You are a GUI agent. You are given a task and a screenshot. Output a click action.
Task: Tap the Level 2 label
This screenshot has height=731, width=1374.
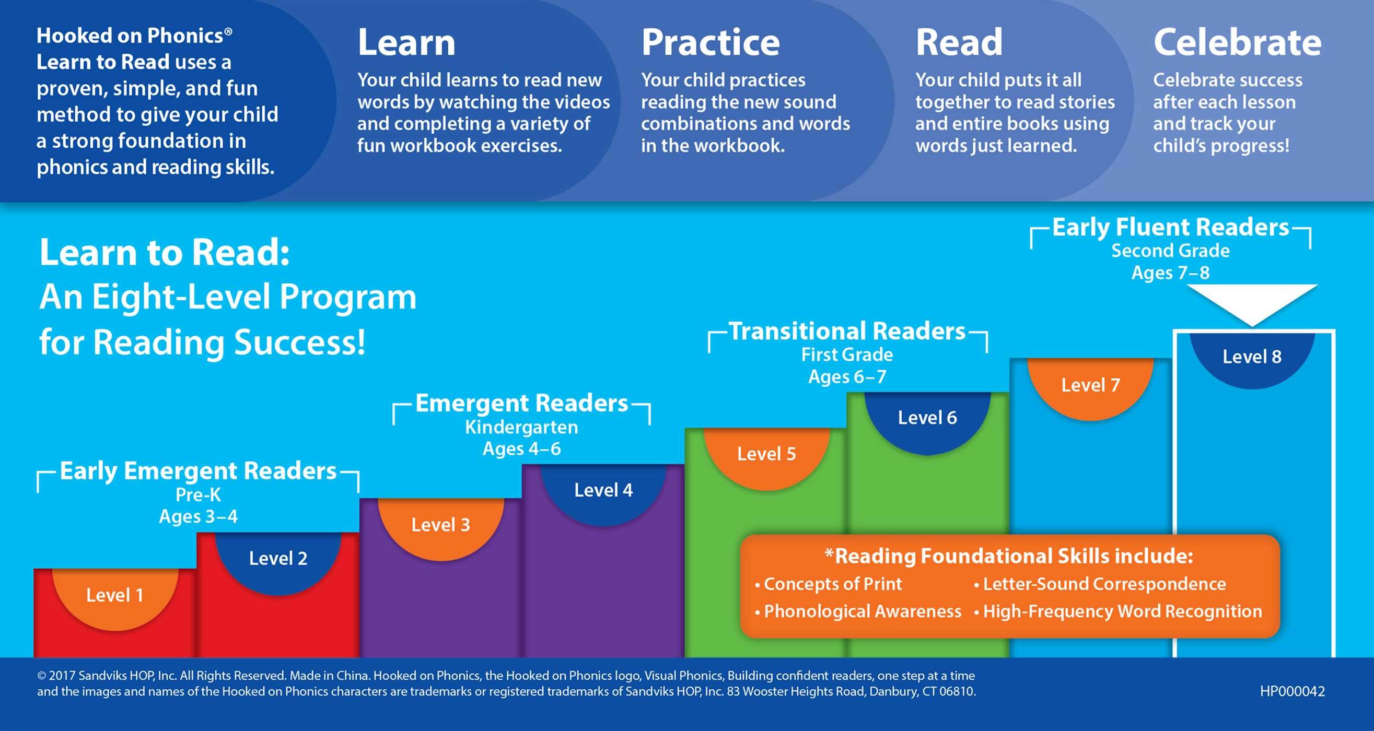[278, 558]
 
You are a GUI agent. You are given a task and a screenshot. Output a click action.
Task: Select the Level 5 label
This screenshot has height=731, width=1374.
[766, 454]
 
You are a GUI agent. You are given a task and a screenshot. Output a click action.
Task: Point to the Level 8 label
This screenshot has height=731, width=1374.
[1251, 356]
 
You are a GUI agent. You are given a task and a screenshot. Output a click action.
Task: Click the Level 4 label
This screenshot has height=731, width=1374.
[603, 490]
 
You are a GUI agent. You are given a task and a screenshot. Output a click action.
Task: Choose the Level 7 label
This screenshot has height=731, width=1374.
[1090, 385]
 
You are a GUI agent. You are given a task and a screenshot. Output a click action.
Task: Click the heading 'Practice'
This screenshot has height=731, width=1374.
[710, 43]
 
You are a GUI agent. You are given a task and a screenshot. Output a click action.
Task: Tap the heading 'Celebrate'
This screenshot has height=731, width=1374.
[1237, 43]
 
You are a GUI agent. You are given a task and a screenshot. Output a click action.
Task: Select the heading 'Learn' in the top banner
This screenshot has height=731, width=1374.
[406, 43]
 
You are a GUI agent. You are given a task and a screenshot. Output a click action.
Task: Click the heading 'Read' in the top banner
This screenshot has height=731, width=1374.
[959, 43]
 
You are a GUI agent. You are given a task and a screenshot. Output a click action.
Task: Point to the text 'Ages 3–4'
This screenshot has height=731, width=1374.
[199, 516]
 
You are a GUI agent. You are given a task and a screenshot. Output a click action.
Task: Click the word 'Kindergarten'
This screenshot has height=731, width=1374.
[521, 427]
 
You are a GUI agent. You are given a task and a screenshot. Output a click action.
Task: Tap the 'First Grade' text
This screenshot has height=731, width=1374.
[847, 355]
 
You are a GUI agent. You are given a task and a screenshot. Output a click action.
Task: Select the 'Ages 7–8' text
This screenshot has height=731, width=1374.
[1170, 273]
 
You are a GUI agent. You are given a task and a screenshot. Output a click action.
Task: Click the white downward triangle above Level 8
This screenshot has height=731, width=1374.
[1251, 301]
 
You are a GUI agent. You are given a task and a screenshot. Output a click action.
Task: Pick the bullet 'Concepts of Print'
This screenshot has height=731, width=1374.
[832, 584]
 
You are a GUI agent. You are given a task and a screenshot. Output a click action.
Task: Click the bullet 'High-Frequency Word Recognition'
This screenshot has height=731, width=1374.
[1122, 611]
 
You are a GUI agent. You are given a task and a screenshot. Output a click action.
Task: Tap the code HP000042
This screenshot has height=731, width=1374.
[1292, 691]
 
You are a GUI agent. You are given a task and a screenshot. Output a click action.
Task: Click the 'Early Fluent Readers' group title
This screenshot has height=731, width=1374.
[1170, 228]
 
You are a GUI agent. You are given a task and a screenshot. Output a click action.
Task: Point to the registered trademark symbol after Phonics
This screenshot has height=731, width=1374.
[228, 31]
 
